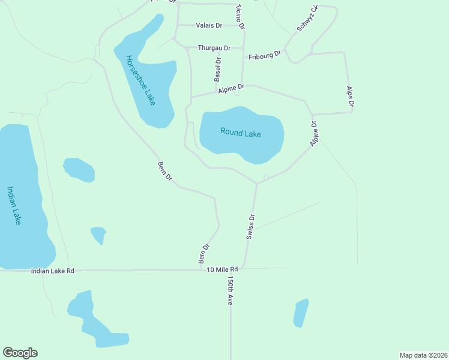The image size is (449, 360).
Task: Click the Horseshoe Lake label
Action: (x=140, y=80)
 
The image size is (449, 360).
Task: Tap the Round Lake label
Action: (x=241, y=133)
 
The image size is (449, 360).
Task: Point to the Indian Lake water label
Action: (x=14, y=205)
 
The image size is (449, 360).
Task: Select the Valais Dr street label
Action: (x=209, y=25)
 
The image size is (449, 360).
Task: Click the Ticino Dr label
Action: (x=240, y=17)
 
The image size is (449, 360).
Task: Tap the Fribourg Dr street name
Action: (x=265, y=55)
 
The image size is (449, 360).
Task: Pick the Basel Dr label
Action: (x=218, y=69)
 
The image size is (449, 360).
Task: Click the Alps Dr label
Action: (x=351, y=97)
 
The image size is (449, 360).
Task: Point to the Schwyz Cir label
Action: (x=306, y=20)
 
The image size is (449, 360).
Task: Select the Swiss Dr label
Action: (x=251, y=227)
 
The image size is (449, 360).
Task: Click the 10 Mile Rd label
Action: (x=222, y=268)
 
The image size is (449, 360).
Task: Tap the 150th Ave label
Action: (x=229, y=291)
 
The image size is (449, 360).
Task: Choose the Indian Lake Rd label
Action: (x=53, y=271)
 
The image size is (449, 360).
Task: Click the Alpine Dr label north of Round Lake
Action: (x=231, y=88)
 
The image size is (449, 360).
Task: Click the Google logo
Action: (x=20, y=353)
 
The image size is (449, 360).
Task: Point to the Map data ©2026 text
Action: (x=423, y=355)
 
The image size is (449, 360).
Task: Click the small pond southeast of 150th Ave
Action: (x=301, y=313)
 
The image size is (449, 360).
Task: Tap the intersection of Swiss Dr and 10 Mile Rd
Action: (x=243, y=268)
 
